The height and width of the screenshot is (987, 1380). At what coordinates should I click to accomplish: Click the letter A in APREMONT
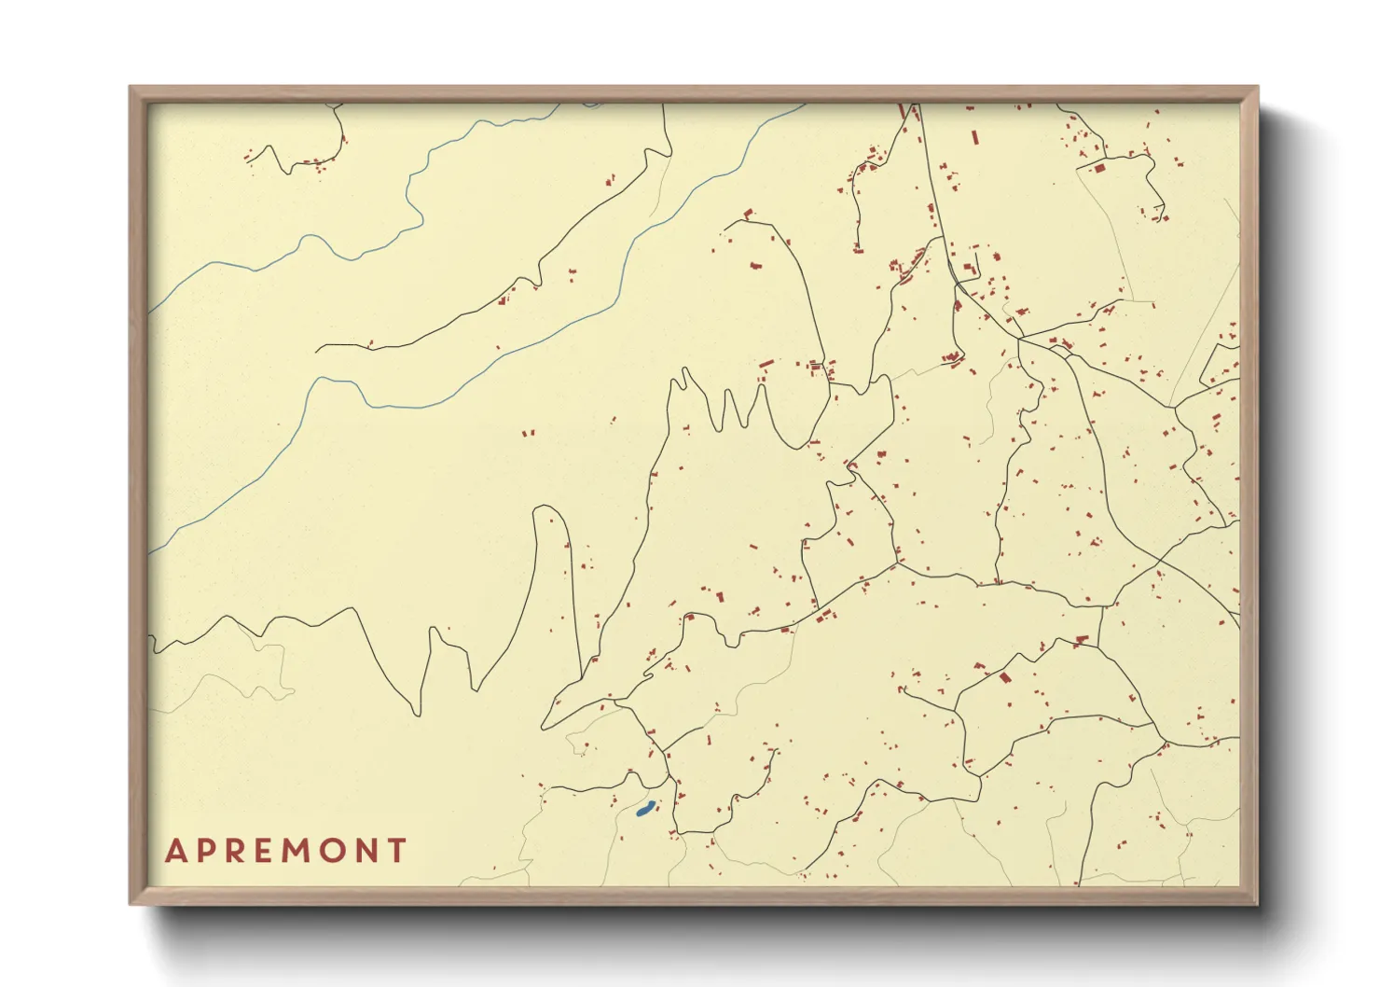click(175, 851)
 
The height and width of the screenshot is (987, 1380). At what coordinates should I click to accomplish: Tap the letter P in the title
click(206, 851)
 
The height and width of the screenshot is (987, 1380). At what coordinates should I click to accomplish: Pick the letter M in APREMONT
click(296, 851)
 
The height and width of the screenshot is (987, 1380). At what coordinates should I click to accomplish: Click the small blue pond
click(643, 811)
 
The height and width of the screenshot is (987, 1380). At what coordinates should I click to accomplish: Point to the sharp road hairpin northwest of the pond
click(545, 726)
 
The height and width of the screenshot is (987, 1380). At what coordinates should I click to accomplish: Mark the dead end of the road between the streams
click(318, 350)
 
